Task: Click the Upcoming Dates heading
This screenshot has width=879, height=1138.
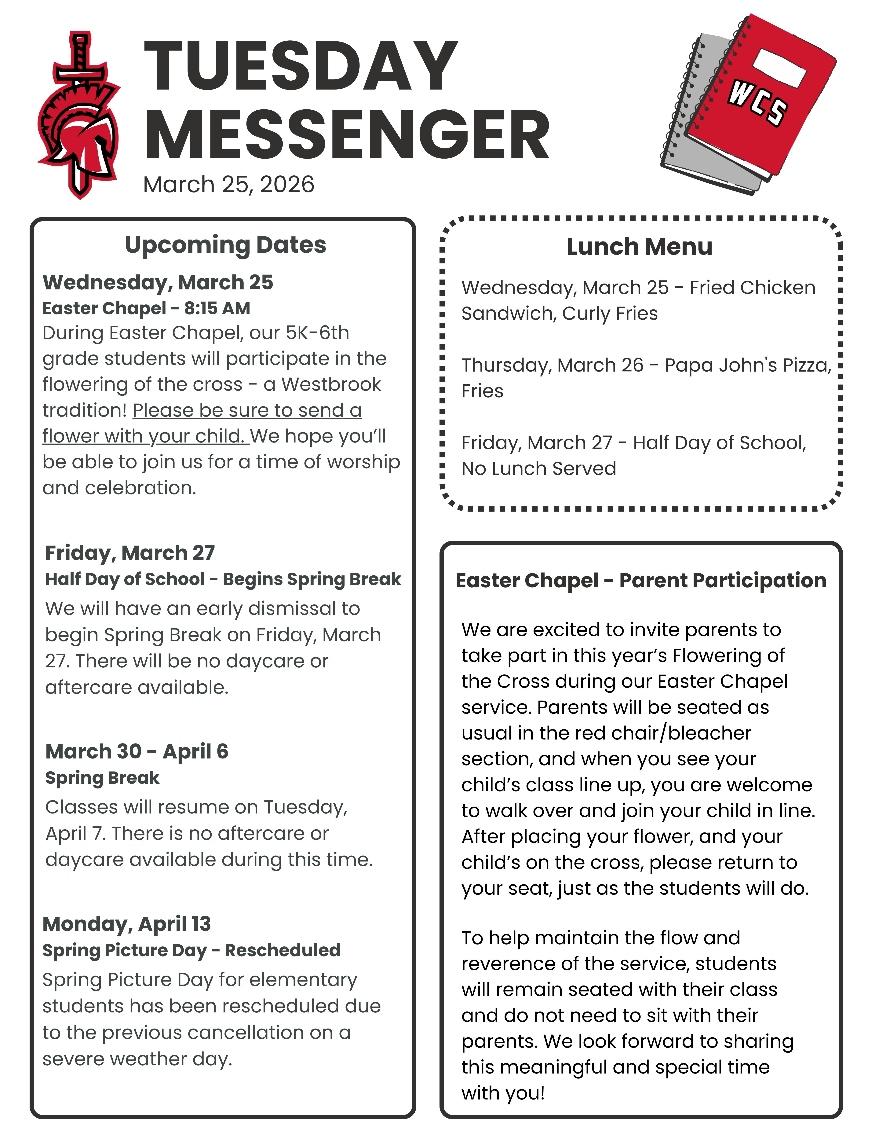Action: (x=225, y=245)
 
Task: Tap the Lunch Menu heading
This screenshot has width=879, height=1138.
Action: (x=639, y=247)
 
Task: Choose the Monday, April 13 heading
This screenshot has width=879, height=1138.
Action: (x=126, y=924)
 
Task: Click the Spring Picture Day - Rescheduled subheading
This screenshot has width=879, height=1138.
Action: (x=191, y=950)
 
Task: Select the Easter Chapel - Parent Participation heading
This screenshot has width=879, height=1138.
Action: (x=640, y=580)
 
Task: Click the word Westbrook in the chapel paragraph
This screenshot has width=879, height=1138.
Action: (x=331, y=384)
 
